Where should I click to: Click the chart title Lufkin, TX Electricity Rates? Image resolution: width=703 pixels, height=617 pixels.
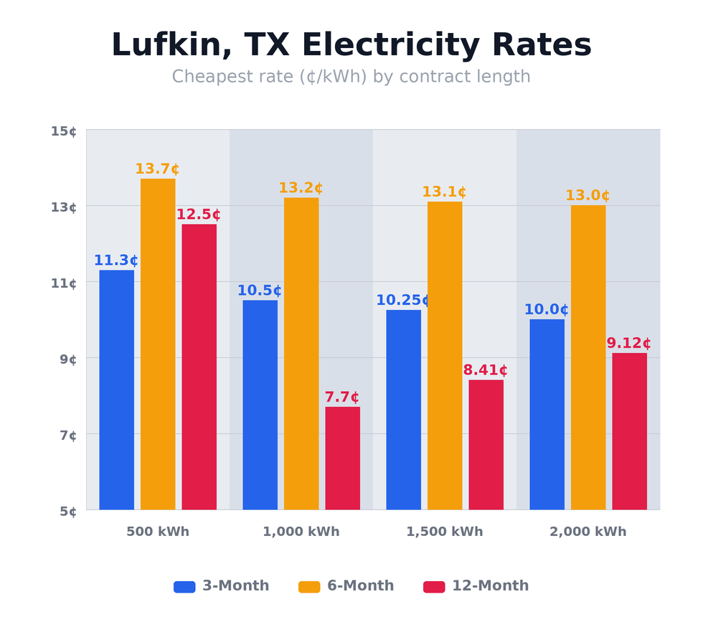pos(351,45)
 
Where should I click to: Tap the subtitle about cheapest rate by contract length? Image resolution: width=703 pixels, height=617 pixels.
pos(351,77)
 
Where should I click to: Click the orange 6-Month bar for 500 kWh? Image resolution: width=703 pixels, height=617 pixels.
pos(158,344)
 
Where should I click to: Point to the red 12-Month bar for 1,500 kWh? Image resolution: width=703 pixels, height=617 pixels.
pos(486,445)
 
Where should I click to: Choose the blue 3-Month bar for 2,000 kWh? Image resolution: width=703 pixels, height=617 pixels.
pos(547,414)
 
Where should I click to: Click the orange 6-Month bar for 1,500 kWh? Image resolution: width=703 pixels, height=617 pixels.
pos(445,355)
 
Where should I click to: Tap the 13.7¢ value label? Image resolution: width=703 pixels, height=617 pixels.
pos(157,169)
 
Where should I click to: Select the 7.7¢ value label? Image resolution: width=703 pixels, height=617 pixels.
pos(342,397)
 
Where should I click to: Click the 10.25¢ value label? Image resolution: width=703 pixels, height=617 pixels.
pos(403,301)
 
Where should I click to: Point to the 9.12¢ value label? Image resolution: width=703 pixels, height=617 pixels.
pos(629,344)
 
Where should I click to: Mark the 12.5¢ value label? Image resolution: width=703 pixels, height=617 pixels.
pos(199,215)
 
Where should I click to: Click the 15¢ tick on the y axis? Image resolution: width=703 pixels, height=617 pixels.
pos(64,131)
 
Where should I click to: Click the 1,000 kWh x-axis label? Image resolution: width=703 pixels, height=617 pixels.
pos(301,532)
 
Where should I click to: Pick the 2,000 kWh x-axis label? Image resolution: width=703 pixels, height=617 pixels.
pos(588,532)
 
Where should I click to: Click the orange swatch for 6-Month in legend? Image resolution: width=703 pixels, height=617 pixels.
pos(309,586)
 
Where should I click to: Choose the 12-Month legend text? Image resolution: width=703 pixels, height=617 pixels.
pos(490,586)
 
